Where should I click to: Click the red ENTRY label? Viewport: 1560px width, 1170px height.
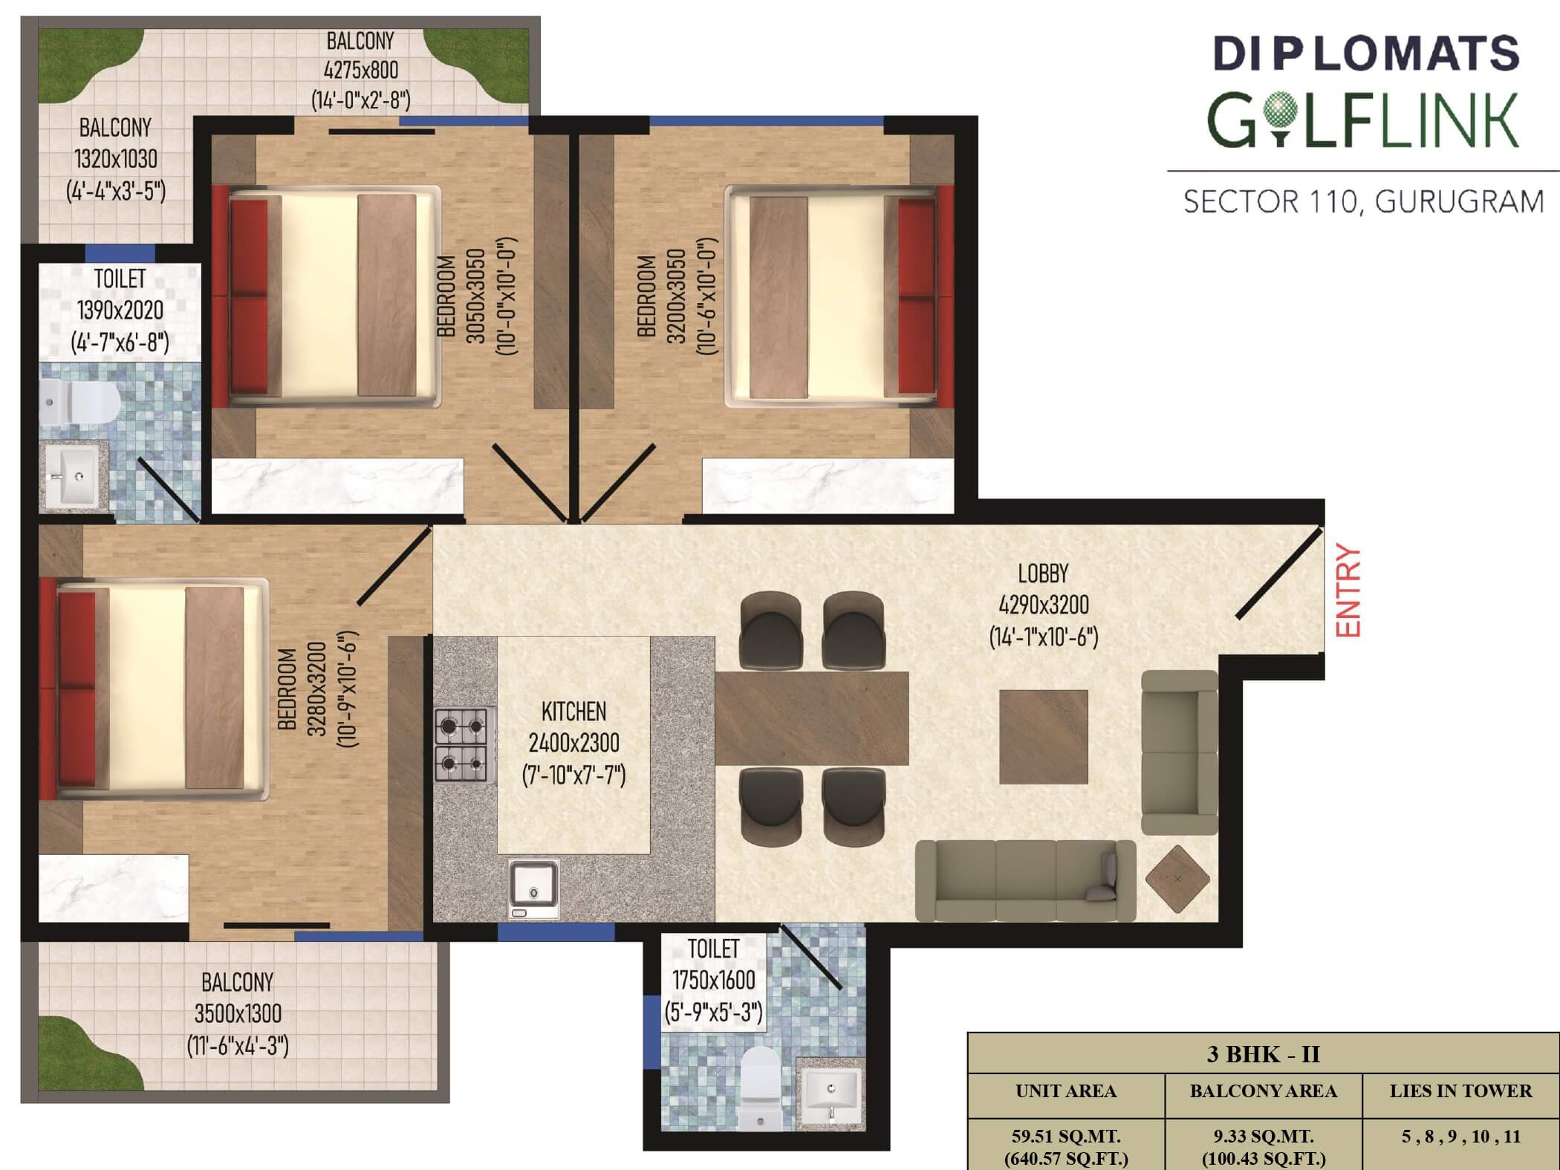click(x=1348, y=591)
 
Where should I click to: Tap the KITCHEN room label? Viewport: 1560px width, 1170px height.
click(x=573, y=712)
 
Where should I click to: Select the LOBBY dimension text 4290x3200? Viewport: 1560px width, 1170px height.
click(x=1044, y=605)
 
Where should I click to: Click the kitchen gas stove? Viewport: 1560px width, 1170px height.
click(x=465, y=744)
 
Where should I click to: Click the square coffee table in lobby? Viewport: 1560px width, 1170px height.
click(x=1044, y=737)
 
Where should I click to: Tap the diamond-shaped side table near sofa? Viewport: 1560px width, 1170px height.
click(x=1177, y=879)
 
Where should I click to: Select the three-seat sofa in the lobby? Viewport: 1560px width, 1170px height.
click(x=1026, y=881)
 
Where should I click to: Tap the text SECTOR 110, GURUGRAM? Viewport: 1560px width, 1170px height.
click(x=1363, y=202)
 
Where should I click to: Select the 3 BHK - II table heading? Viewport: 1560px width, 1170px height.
click(x=1263, y=1054)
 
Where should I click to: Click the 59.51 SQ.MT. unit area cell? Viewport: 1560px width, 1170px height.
click(x=1066, y=1136)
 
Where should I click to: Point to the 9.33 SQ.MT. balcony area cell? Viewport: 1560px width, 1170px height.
click(x=1263, y=1136)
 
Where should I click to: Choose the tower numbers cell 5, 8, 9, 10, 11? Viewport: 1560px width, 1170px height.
click(x=1460, y=1137)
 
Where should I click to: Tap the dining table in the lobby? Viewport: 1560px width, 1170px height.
click(x=812, y=718)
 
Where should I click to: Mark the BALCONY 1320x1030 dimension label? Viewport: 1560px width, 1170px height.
click(x=116, y=159)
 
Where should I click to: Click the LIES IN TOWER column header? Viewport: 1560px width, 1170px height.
click(x=1460, y=1091)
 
